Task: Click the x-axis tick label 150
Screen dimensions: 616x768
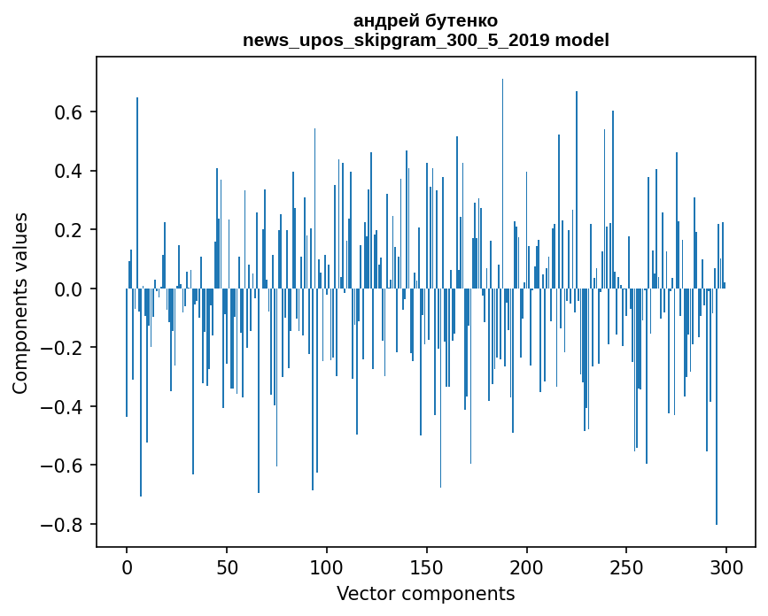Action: click(x=427, y=567)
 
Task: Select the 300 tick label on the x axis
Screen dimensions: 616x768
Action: click(x=726, y=567)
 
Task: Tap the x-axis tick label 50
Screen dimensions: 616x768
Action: click(x=227, y=567)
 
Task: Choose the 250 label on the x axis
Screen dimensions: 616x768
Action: click(x=626, y=567)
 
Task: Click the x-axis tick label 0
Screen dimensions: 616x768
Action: click(x=127, y=567)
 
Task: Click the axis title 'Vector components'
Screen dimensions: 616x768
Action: click(x=425, y=593)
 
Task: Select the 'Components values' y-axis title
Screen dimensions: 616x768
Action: click(x=20, y=303)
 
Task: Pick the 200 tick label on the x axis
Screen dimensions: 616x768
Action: click(x=527, y=567)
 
